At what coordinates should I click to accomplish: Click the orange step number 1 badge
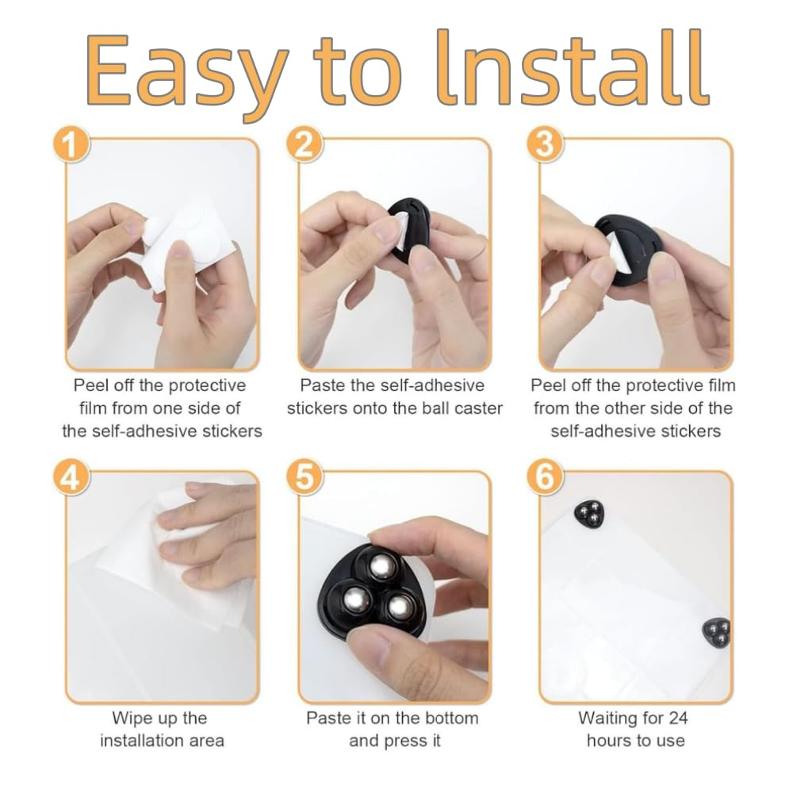tap(71, 144)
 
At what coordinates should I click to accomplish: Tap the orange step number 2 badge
tap(304, 144)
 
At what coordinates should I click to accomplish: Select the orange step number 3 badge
tap(546, 144)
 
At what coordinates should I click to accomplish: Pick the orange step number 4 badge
tap(71, 477)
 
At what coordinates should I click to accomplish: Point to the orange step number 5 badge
tap(304, 477)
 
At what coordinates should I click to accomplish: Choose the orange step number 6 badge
tap(546, 477)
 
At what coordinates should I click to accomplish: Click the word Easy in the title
tap(186, 74)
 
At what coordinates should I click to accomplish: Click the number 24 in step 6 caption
tap(678, 718)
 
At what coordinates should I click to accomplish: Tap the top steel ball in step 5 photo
tap(383, 568)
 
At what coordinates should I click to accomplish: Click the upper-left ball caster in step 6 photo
tap(590, 515)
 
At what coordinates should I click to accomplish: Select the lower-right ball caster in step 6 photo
tap(717, 633)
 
